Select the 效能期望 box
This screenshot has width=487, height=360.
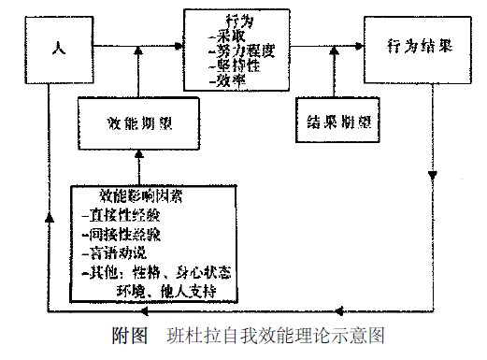tap(137, 122)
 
